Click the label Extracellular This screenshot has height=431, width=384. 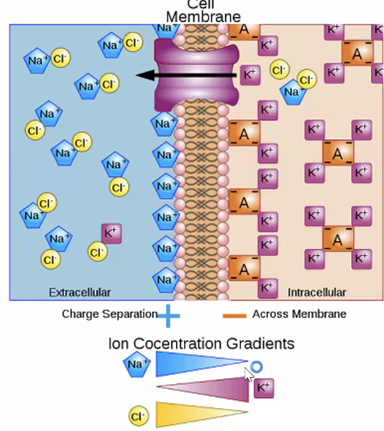click(x=80, y=292)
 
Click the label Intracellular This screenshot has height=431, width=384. click(x=317, y=292)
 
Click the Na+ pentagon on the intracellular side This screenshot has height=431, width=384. click(x=293, y=92)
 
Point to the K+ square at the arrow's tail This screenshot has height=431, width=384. click(x=250, y=74)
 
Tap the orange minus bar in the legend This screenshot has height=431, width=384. click(x=234, y=315)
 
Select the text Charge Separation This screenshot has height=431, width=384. click(x=110, y=314)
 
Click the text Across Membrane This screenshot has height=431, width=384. click(x=299, y=314)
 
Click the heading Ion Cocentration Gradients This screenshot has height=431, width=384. click(x=201, y=343)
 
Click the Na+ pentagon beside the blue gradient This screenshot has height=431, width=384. click(x=137, y=363)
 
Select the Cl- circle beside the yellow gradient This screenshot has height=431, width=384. click(x=139, y=416)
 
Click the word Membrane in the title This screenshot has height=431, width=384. click(x=203, y=16)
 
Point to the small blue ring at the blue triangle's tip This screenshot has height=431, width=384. click(x=256, y=367)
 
